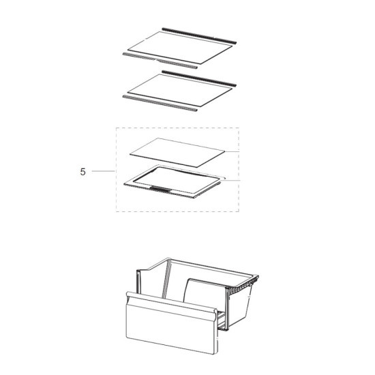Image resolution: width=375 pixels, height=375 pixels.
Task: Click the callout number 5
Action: point(82,172)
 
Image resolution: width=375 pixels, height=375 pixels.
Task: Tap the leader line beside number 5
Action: point(104,171)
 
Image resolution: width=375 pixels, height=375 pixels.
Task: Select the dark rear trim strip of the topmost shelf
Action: point(199,35)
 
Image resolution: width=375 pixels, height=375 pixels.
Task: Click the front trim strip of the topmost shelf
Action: point(160,61)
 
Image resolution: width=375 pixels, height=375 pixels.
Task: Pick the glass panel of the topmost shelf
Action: point(180,48)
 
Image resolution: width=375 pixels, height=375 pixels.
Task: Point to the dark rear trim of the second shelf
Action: point(199,78)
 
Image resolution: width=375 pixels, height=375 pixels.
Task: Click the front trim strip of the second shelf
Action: point(160,104)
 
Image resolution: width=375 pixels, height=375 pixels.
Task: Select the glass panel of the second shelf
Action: point(180,90)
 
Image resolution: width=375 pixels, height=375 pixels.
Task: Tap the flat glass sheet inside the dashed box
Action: point(177,152)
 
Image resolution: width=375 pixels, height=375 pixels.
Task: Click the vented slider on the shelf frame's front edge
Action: point(161,189)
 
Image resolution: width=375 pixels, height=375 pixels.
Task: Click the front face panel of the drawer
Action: point(171,327)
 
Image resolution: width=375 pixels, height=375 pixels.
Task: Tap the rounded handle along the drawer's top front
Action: point(171,302)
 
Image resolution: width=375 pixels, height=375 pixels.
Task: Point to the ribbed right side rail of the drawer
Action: point(242,284)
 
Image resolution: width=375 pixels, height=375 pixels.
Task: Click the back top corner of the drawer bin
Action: point(169,258)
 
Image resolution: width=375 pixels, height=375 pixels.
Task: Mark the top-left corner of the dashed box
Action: point(116,128)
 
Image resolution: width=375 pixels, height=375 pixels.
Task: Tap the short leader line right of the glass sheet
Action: point(232,151)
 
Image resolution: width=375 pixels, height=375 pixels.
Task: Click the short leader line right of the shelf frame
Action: point(230,180)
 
